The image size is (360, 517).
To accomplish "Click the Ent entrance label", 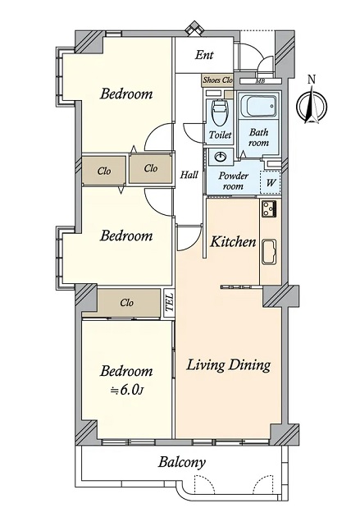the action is point(204,55).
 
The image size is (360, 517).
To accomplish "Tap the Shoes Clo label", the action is point(217,80).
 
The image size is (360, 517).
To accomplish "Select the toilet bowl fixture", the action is point(220,112).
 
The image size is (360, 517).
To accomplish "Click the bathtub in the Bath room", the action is point(258,106).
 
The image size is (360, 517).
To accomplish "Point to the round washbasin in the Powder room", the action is point(220,157).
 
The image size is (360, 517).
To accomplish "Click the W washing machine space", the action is point(270,182).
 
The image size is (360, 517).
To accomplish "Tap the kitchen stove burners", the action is point(269,208).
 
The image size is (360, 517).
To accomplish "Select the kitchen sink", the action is point(270,252).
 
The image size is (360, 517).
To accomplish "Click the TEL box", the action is point(169,303).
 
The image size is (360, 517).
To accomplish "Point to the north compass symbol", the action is point(312,106).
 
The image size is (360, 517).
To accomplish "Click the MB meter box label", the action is point(260,81).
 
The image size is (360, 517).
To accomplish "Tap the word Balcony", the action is point(181,462).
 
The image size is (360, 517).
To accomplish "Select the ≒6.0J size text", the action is point(126,390).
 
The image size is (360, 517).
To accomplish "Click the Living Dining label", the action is point(229,365).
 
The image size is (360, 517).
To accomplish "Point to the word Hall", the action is point(189,175).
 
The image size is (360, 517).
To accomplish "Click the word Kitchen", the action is point(233,242).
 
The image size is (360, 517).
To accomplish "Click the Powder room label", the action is point(233,181).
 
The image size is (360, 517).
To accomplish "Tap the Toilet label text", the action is point(220,135).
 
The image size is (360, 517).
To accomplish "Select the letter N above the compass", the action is point(312,79).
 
